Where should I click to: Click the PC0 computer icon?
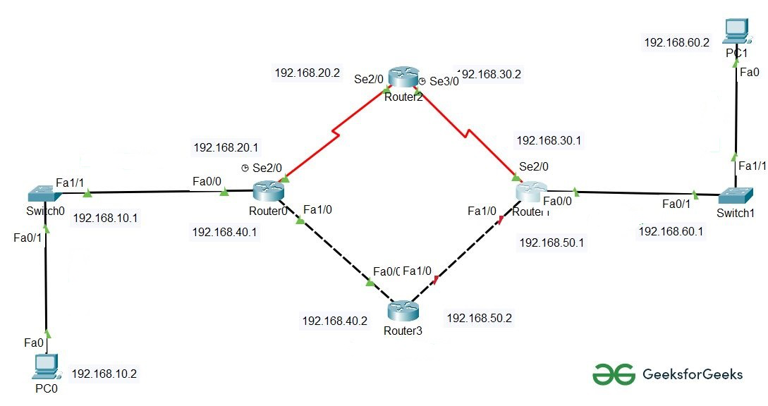click(x=46, y=366)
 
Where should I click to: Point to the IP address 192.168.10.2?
click(x=104, y=374)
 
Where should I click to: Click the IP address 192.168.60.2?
click(x=676, y=43)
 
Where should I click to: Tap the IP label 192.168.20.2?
click(x=307, y=72)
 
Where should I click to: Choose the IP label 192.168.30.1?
click(x=549, y=140)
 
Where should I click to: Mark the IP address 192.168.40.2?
click(x=335, y=321)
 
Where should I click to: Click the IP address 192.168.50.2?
click(x=479, y=318)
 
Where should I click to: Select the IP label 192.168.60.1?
click(x=671, y=231)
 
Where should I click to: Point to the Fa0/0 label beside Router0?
click(x=207, y=181)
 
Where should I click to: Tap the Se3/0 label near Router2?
click(x=444, y=81)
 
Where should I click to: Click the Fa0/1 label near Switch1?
click(x=676, y=204)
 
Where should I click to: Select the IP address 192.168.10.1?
click(x=105, y=217)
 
